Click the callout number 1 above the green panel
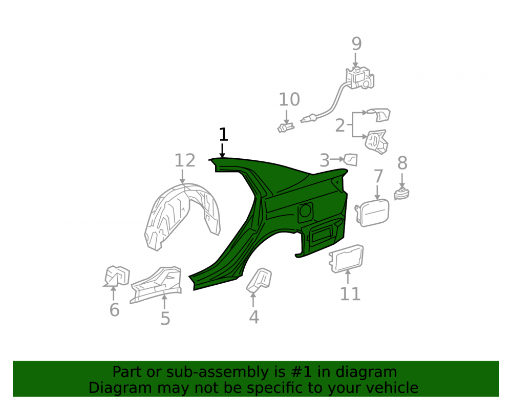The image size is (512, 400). point(223,135)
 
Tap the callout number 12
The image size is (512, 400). point(185,160)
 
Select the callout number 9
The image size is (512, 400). point(356,44)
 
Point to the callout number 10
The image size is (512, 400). point(289,99)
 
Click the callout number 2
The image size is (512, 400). point(340,125)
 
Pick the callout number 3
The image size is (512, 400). point(324,160)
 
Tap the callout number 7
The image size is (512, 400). point(378,176)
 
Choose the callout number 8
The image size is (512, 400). point(402,163)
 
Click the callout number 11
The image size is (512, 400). point(350,294)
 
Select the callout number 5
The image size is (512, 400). point(165,319)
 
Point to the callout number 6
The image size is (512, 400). point(114,310)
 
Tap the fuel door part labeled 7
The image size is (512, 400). point(372,213)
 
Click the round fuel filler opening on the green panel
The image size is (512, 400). point(305,210)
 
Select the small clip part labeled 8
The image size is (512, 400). point(401,194)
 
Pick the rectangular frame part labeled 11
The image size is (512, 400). point(346,259)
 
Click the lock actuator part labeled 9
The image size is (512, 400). point(360,78)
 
